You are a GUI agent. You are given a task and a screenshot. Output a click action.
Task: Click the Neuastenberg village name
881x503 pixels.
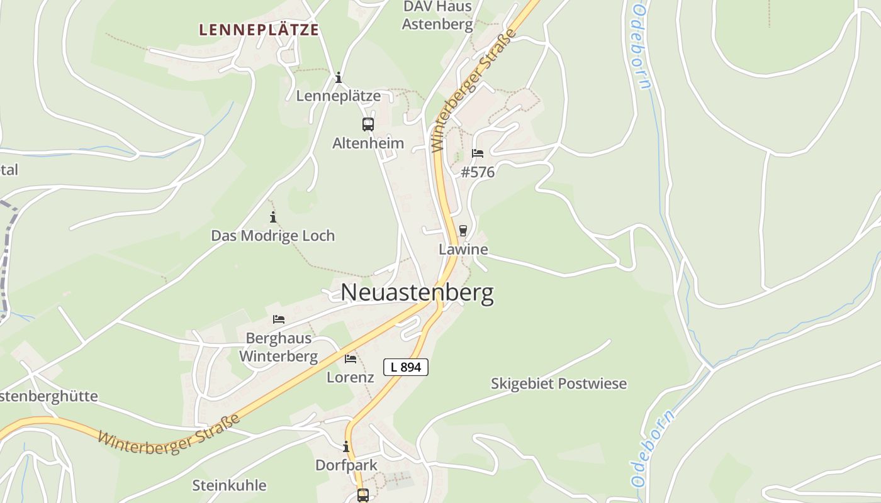coord(417,293)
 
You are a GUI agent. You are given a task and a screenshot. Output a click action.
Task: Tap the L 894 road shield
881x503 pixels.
coord(406,367)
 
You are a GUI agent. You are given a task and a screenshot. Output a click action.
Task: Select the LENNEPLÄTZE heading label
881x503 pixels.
coord(259,30)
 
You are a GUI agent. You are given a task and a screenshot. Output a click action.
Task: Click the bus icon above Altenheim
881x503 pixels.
coord(368,124)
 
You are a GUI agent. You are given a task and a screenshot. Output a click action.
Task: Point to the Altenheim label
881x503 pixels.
coord(368,143)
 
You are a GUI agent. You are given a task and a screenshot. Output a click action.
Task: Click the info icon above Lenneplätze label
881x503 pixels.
coord(339,77)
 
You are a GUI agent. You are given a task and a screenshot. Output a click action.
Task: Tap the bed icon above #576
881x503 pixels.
coord(478,153)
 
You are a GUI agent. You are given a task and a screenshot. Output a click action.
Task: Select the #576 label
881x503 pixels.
coord(478,172)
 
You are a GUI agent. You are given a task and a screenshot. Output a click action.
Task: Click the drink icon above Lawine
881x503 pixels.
coord(463,231)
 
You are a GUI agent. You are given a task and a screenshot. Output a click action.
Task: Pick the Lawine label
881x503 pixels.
coord(463,250)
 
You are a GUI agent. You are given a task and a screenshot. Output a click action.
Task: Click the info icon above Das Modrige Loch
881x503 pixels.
coord(273,218)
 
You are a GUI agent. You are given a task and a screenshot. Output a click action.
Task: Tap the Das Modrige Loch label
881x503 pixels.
coord(273,236)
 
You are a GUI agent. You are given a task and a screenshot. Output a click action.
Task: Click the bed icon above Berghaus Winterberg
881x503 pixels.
coord(279,319)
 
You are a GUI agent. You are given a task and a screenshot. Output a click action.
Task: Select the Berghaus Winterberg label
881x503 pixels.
coord(279,347)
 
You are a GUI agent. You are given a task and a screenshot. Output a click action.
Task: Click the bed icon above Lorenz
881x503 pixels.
coord(351,359)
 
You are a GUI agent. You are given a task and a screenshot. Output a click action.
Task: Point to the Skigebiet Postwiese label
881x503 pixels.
coord(559,384)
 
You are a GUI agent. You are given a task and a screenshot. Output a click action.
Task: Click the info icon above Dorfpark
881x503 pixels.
coord(346,446)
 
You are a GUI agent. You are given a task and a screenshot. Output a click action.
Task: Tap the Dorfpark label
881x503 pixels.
coord(346,465)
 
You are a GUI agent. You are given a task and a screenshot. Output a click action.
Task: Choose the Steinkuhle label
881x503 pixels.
coord(229,485)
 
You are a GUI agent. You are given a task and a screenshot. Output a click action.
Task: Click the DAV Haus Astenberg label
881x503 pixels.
coord(437,16)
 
